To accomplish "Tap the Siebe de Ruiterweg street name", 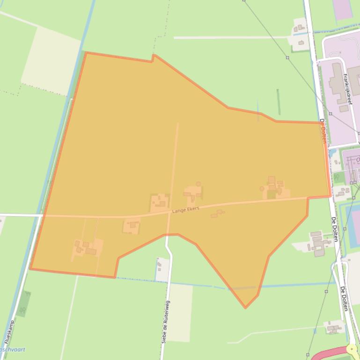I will point(166,322).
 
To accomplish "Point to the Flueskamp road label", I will point(9,332).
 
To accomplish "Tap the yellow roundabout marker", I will point(351,349).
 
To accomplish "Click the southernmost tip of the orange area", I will point(245,308).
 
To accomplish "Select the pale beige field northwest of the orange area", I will point(51,60).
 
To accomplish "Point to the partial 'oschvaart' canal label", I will point(13,350).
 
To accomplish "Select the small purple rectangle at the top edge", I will point(342,9).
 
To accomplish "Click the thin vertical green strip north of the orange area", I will point(279,102).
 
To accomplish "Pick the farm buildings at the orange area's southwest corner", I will point(86,247).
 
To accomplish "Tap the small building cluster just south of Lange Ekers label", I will point(217,214).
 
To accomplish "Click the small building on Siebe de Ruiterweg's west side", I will point(160,266).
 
